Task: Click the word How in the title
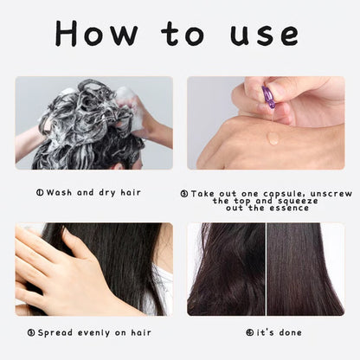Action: click(96, 33)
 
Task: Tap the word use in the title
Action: click(264, 35)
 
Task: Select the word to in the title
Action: click(183, 34)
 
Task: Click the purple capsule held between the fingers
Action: click(268, 97)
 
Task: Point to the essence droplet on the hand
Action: click(273, 138)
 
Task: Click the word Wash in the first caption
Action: click(59, 192)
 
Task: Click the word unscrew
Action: click(331, 194)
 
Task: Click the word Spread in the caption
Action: click(55, 333)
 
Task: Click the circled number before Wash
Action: click(40, 192)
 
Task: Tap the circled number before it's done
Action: click(250, 332)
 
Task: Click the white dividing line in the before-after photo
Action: click(266, 269)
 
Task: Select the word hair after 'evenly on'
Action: click(141, 332)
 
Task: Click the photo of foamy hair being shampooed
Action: click(94, 123)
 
